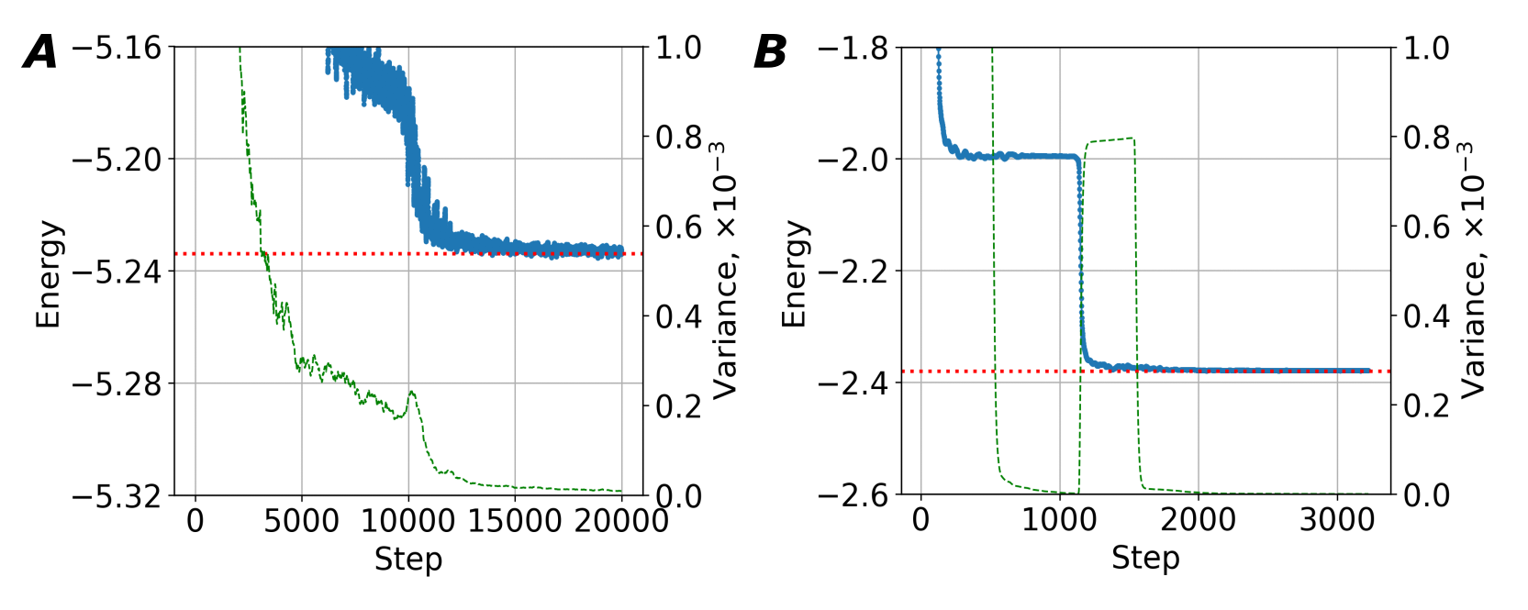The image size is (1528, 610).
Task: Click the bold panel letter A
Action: (x=40, y=52)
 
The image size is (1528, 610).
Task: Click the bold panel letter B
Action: (x=770, y=52)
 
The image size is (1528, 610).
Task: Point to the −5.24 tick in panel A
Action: (x=116, y=272)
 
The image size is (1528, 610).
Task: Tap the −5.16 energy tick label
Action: (x=116, y=48)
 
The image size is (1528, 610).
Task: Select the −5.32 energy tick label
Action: (x=116, y=496)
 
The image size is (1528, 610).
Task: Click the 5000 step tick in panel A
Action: (x=301, y=521)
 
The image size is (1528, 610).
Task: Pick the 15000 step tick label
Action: (x=514, y=521)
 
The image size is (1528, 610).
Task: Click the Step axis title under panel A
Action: (x=408, y=559)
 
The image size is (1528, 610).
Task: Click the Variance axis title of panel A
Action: (x=725, y=271)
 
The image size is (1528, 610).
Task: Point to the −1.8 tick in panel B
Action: (x=853, y=48)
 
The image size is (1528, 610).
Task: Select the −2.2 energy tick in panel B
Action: (x=853, y=272)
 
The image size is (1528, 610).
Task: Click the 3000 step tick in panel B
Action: (x=1337, y=520)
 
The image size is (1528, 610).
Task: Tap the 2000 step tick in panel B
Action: (x=1198, y=520)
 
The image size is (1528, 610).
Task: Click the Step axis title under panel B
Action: (x=1145, y=558)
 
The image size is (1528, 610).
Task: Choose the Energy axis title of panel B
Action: (x=794, y=273)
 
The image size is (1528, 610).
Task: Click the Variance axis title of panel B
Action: (x=1472, y=271)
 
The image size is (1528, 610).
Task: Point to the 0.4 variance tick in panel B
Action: (x=1426, y=316)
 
